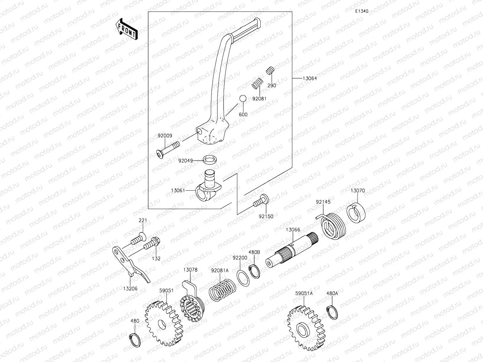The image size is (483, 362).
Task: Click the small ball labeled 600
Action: point(242,99)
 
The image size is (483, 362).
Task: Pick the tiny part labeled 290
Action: point(270,71)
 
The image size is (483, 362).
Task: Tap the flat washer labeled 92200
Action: point(244,276)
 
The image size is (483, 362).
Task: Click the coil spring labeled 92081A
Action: point(223,289)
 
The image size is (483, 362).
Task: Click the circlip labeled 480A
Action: point(333,313)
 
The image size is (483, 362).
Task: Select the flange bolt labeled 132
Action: point(152,243)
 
